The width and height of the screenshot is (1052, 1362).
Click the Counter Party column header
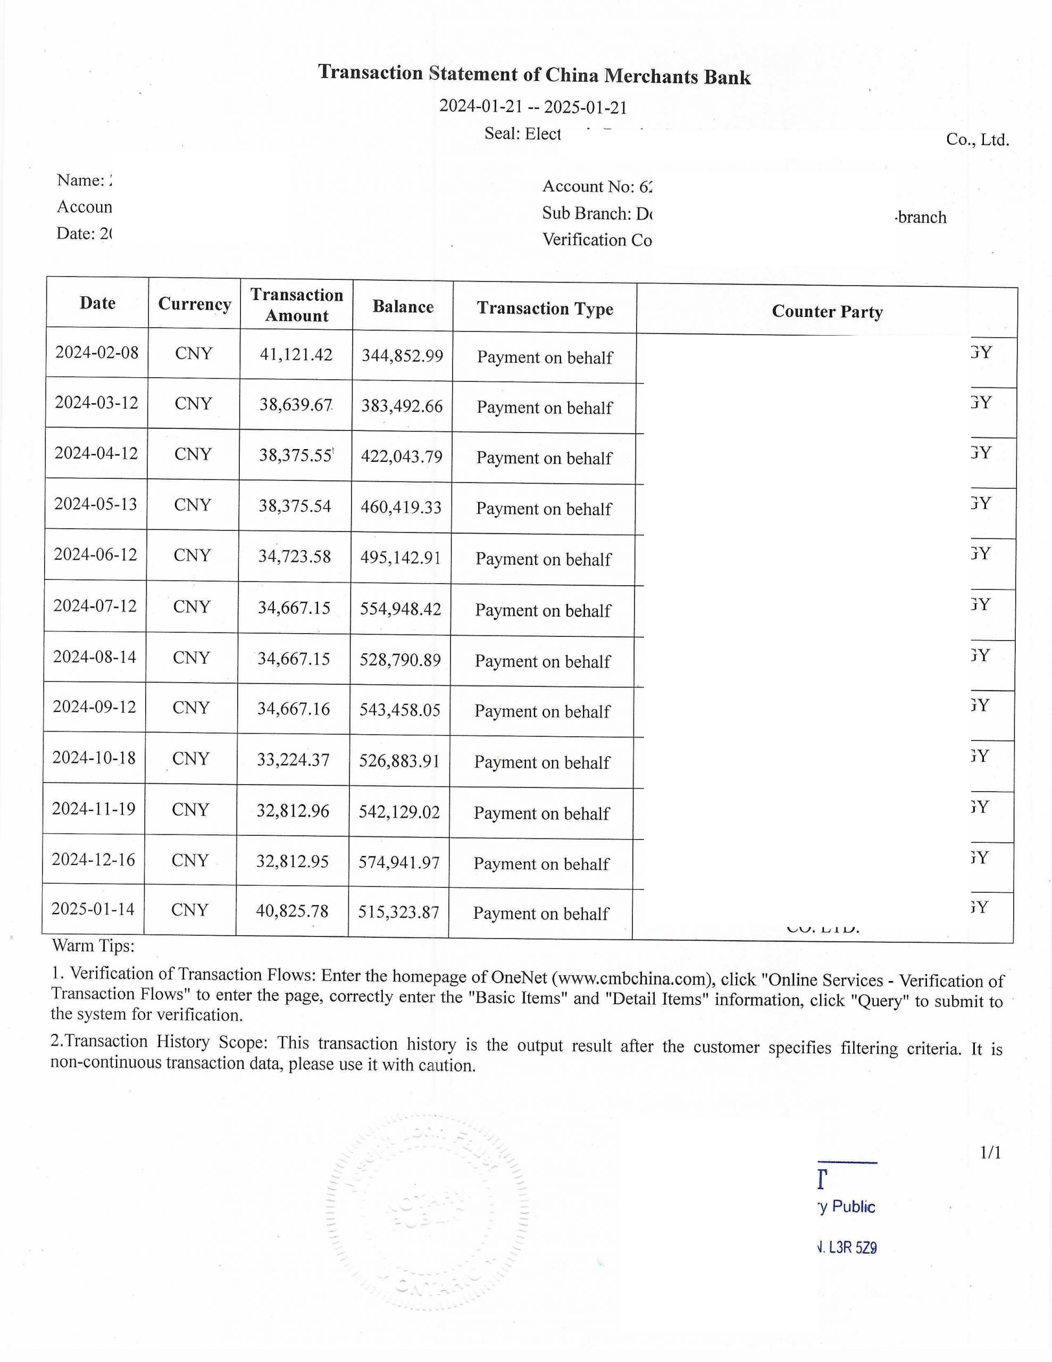827,311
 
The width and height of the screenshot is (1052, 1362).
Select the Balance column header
403,307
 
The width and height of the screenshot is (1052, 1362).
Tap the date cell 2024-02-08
97,352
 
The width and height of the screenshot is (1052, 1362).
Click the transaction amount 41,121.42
296,354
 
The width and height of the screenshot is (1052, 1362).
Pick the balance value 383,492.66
402,406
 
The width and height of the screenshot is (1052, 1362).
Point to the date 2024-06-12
95,554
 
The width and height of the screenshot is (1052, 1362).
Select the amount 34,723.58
294,557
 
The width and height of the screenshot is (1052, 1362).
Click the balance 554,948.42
400,609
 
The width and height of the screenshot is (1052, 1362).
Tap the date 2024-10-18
94,758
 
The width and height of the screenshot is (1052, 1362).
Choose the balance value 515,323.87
398,912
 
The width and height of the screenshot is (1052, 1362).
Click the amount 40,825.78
292,911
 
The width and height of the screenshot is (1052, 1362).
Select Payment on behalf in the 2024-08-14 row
542,661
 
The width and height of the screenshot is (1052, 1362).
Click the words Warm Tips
93,946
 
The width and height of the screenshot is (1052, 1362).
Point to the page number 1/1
990,1152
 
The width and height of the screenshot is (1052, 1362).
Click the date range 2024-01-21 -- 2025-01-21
533,106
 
